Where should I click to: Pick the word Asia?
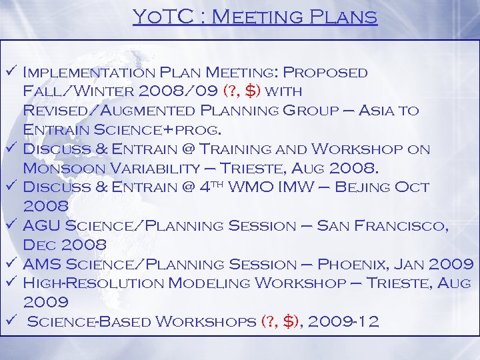tap(374, 109)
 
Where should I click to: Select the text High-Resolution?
tap(93, 283)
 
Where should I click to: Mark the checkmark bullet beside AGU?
tap(11, 226)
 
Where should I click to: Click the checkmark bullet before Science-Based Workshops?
tap(11, 322)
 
